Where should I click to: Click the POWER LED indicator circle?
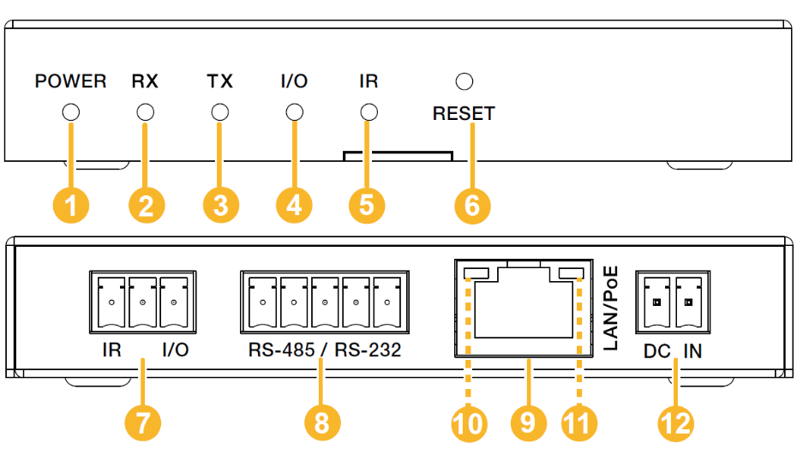tap(71, 112)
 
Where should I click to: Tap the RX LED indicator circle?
tap(146, 112)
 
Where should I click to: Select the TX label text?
tap(220, 82)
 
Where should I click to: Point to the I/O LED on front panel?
tap(294, 112)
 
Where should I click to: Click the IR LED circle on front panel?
tap(369, 112)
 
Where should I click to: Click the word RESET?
tap(464, 113)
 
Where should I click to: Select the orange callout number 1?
tap(71, 206)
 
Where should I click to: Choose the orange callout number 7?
tap(142, 422)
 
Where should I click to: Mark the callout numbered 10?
tap(469, 422)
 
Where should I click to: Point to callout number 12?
tap(676, 422)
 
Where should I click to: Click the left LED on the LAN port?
tap(476, 274)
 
